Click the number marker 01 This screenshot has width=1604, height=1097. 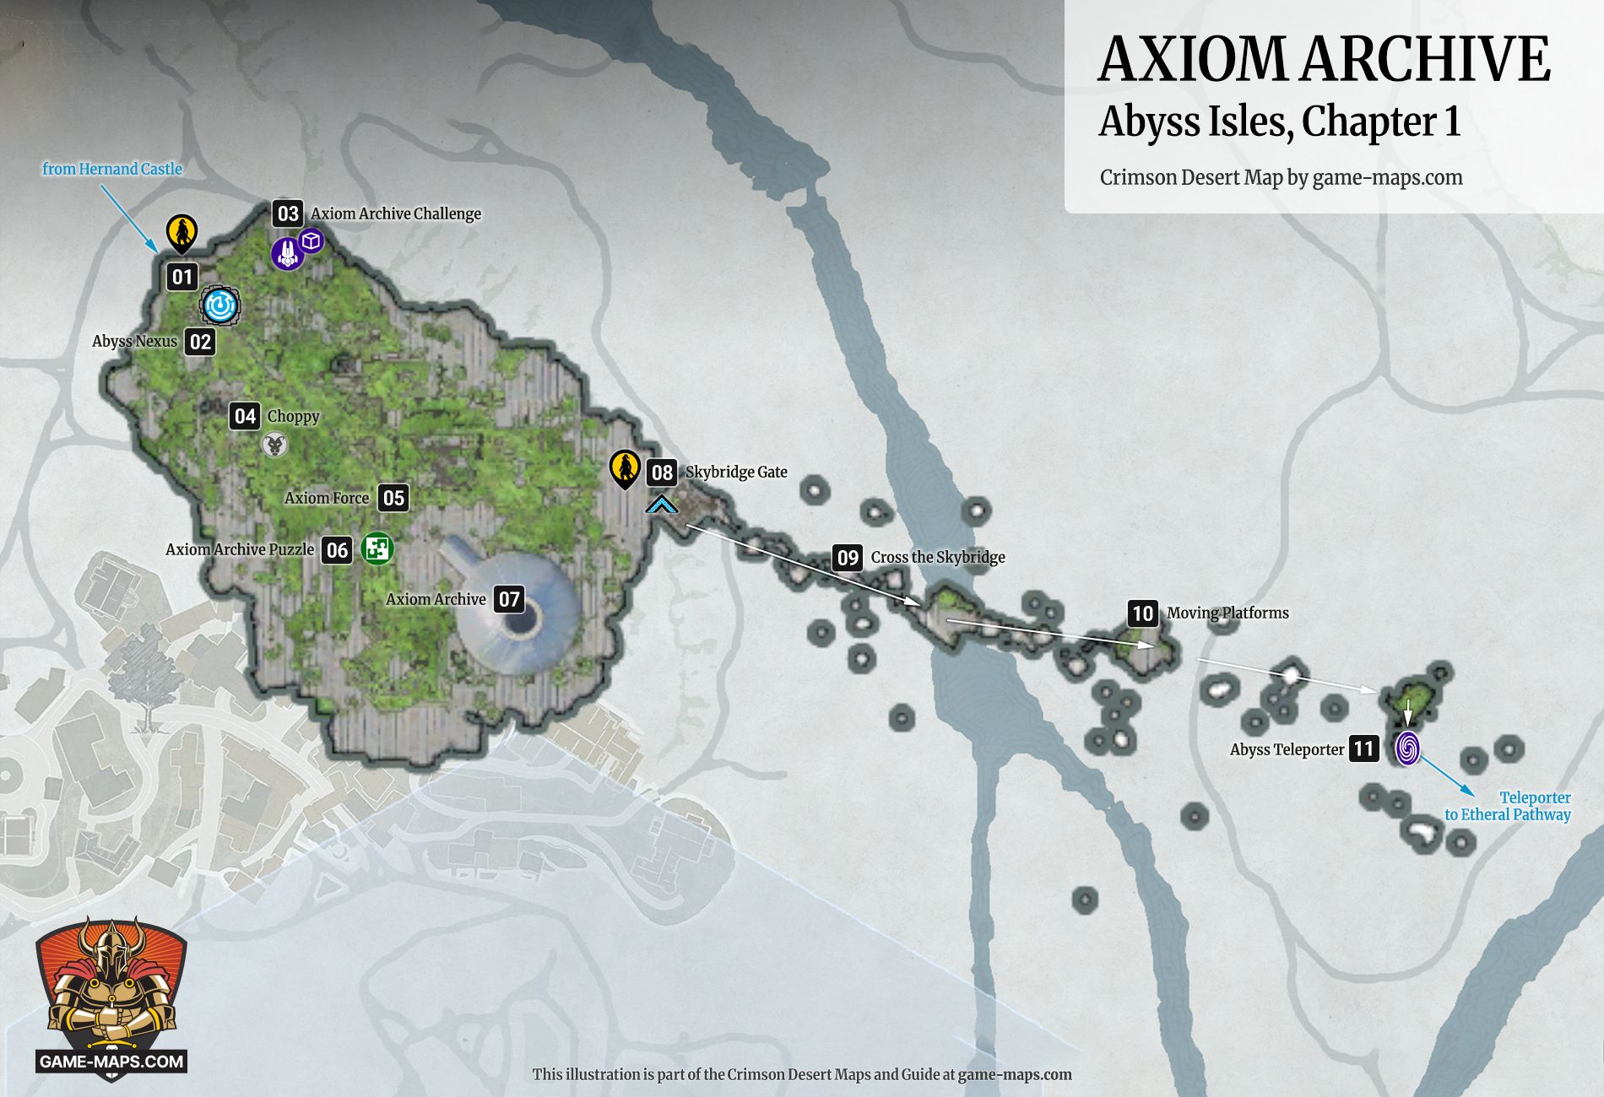182,277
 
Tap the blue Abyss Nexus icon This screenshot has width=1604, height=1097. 220,305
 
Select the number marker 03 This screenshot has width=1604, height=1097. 288,213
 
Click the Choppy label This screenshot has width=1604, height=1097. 293,416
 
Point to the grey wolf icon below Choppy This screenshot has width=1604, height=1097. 274,445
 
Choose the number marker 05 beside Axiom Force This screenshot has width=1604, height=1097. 393,498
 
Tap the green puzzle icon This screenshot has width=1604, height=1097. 377,548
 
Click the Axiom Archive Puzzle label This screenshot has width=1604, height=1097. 240,549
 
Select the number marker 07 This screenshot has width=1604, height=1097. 509,599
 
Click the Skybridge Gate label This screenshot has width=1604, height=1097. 736,472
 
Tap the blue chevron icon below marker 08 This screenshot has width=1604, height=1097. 662,505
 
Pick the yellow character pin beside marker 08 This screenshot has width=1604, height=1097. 626,468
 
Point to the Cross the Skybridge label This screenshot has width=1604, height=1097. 938,557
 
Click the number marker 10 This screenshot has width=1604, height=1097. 1143,613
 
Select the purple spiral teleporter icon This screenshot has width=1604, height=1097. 1407,748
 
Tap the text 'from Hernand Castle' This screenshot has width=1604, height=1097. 112,169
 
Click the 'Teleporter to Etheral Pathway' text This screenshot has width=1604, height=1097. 1508,806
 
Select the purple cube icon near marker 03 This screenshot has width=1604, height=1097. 312,240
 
